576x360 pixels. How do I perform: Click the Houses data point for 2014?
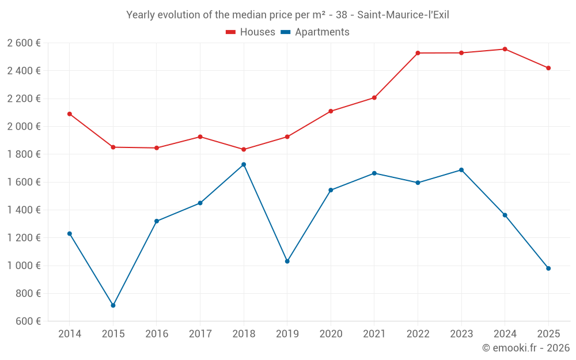coord(70,114)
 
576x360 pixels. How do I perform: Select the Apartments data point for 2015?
coord(113,305)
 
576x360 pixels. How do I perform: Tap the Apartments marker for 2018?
coord(244,165)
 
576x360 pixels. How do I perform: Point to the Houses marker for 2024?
coord(505,49)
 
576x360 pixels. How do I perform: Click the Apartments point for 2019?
coord(287,262)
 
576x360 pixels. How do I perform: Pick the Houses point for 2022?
coord(418,53)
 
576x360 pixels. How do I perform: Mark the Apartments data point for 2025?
coord(548,268)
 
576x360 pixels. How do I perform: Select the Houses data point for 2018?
coord(244,150)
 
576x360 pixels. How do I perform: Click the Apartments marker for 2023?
coord(461,170)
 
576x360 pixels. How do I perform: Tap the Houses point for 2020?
coord(331,111)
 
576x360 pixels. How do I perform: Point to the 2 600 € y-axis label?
coord(24,43)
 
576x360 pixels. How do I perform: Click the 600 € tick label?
coord(27,321)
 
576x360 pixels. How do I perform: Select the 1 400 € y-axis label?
coord(24,210)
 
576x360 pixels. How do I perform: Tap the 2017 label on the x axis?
coord(200,334)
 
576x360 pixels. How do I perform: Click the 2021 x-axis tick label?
coord(374,334)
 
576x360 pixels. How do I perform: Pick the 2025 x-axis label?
coord(548,334)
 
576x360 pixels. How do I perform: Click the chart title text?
coord(287,15)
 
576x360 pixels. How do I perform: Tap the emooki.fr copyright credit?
coord(525,348)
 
